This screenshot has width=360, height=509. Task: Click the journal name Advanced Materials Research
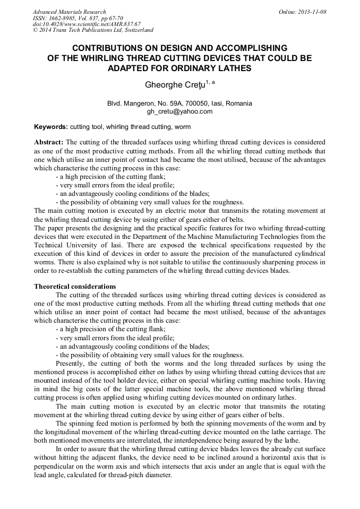pyautogui.click(x=69, y=12)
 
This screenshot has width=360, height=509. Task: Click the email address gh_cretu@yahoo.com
pyautogui.click(x=179, y=111)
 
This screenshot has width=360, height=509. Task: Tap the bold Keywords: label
pyautogui.click(x=51, y=127)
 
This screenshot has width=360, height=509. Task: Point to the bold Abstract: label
pyautogui.click(x=49, y=143)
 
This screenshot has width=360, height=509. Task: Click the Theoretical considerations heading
pyautogui.click(x=75, y=286)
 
